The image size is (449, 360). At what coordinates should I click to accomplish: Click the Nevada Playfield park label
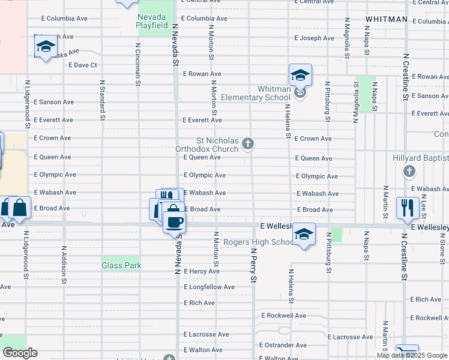pyautogui.click(x=152, y=22)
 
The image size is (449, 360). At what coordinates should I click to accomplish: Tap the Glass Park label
pyautogui.click(x=121, y=265)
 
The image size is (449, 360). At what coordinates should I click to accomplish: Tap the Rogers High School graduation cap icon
pyautogui.click(x=304, y=235)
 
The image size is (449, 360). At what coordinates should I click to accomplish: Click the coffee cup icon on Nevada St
pyautogui.click(x=174, y=222)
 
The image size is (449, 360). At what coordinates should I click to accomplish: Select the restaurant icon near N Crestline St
pyautogui.click(x=408, y=208)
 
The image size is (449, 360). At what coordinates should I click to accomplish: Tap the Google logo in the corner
pyautogui.click(x=20, y=353)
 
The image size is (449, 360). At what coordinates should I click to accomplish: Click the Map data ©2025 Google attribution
pyautogui.click(x=412, y=355)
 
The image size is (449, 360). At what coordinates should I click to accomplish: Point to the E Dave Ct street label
pyautogui.click(x=83, y=65)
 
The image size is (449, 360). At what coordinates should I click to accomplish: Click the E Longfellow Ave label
pyautogui.click(x=209, y=287)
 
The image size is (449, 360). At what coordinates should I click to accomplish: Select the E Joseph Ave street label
pyautogui.click(x=314, y=38)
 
